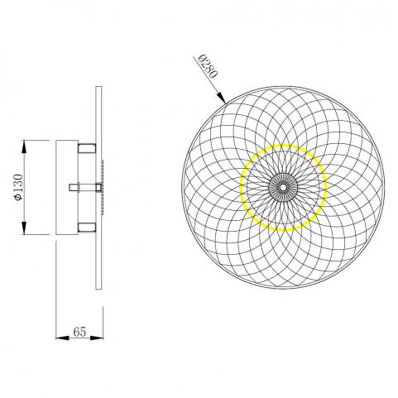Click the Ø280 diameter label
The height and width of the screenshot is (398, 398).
coord(209,66)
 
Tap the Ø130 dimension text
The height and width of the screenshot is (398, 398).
coord(18,187)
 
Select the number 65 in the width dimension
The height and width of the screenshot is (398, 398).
coord(79,332)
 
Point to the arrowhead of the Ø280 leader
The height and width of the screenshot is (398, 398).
coord(222,98)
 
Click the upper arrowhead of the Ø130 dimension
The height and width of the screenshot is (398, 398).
coord(24,146)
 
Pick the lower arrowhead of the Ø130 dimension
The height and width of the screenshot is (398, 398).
coord(24,228)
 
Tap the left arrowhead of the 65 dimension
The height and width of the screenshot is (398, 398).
coord(62,338)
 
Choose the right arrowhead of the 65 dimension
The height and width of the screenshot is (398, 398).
coord(97,338)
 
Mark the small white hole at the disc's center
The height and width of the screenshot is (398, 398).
coord(283,187)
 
